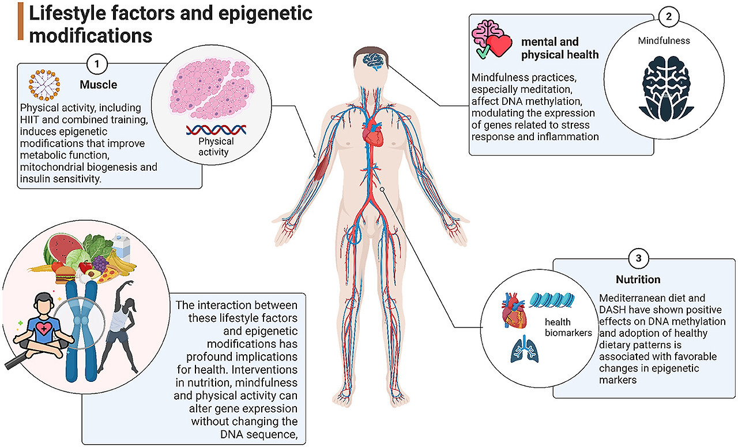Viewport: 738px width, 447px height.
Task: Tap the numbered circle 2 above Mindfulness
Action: point(668,17)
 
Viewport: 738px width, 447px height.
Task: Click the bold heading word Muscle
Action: point(98,85)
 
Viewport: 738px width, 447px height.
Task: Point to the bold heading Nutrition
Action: point(638,280)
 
